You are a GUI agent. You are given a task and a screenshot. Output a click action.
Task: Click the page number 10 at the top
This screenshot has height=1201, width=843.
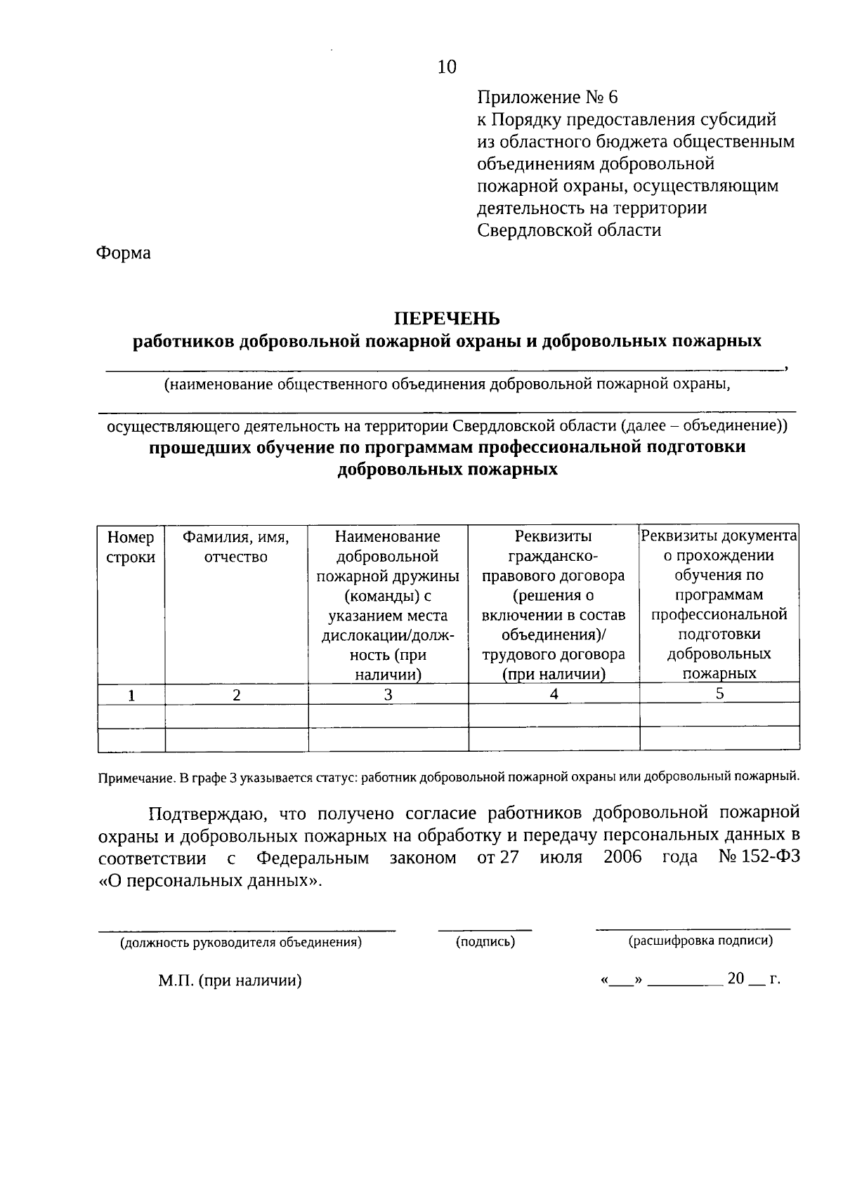(x=447, y=67)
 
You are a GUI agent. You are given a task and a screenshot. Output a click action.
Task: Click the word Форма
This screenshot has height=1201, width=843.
(x=123, y=253)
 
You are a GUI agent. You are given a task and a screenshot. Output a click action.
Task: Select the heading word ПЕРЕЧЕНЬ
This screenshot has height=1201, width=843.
(x=447, y=319)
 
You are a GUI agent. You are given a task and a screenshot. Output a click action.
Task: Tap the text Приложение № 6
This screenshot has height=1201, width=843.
(x=547, y=97)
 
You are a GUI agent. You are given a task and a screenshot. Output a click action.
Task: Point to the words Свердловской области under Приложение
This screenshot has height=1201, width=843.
(x=569, y=230)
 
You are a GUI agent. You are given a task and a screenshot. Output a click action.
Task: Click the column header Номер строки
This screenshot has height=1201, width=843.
(x=131, y=547)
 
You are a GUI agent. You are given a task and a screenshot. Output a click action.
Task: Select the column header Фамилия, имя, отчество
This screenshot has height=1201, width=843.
(x=236, y=547)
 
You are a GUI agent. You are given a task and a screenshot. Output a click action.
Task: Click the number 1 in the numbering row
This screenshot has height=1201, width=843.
(x=131, y=695)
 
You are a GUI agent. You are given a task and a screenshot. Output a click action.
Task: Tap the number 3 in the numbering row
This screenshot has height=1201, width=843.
(x=388, y=695)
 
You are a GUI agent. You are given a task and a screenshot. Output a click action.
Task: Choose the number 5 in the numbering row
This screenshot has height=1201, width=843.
(x=719, y=694)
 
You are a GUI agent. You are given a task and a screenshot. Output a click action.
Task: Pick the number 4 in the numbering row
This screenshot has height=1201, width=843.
(x=554, y=694)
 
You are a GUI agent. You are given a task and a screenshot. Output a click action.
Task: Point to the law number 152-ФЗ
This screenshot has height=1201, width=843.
(x=771, y=858)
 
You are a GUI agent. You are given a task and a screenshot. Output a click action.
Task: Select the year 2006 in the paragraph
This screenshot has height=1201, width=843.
(x=622, y=858)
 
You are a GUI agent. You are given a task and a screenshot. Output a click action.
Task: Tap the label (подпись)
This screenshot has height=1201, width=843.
(x=485, y=942)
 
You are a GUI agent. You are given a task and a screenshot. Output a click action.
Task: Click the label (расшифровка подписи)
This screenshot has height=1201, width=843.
(x=700, y=941)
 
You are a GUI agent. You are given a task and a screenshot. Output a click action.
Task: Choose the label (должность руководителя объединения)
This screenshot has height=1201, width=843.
(x=241, y=943)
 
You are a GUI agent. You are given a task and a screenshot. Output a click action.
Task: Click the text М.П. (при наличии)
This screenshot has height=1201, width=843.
(x=230, y=981)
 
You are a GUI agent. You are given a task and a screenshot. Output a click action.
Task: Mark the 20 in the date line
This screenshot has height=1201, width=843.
(x=736, y=978)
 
